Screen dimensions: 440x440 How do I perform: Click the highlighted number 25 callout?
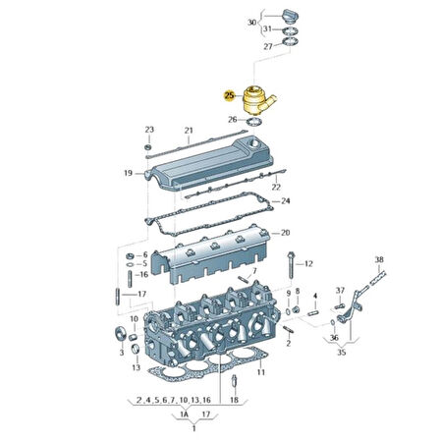[230, 95]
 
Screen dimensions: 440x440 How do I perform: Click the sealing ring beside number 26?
[254, 122]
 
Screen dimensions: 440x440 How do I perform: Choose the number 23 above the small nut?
[149, 130]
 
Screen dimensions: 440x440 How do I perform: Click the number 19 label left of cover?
[128, 173]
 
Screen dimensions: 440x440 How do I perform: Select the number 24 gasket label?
[286, 201]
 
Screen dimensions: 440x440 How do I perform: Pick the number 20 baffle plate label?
[286, 233]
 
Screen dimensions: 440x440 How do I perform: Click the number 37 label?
[340, 290]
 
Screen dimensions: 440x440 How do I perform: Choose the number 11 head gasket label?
[261, 374]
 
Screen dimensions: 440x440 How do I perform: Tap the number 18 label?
[233, 402]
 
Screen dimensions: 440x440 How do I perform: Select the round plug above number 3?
[123, 329]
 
